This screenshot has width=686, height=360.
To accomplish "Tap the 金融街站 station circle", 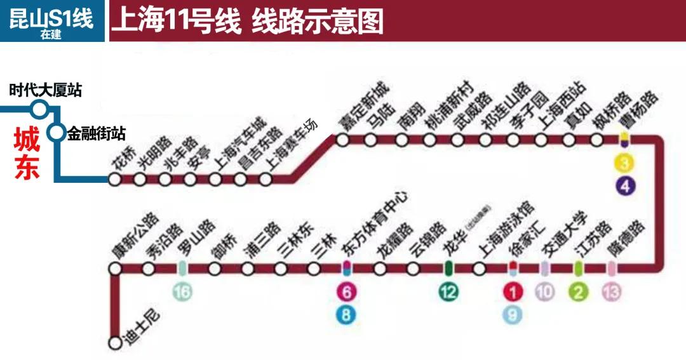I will pyautogui.click(x=57, y=133).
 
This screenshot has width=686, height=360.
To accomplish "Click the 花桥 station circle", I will pyautogui.click(x=115, y=180).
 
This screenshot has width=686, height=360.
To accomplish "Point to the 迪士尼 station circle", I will pyautogui.click(x=115, y=343).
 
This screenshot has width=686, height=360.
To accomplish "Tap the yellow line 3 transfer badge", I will pyautogui.click(x=625, y=164).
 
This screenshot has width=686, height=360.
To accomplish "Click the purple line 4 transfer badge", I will pyautogui.click(x=625, y=187).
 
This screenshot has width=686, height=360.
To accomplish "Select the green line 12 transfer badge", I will pyautogui.click(x=448, y=292).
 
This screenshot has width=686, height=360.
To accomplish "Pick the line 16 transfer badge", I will pyautogui.click(x=182, y=292).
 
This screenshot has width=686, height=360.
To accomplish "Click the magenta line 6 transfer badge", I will pyautogui.click(x=346, y=292).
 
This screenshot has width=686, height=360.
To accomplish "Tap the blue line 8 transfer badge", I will pyautogui.click(x=346, y=314).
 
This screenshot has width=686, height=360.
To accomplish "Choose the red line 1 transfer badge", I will pyautogui.click(x=513, y=292).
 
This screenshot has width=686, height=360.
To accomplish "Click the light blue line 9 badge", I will pyautogui.click(x=513, y=314).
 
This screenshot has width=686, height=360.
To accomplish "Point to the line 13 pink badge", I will pyautogui.click(x=612, y=292).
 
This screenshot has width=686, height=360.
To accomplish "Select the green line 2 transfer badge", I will pyautogui.click(x=578, y=292).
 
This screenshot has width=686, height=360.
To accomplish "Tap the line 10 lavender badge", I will pyautogui.click(x=545, y=292).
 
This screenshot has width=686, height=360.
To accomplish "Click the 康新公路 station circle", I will pyautogui.click(x=115, y=269).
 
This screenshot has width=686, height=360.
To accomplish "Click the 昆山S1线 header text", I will pyautogui.click(x=51, y=17).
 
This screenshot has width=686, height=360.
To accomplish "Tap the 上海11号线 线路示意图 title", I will pyautogui.click(x=248, y=22).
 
